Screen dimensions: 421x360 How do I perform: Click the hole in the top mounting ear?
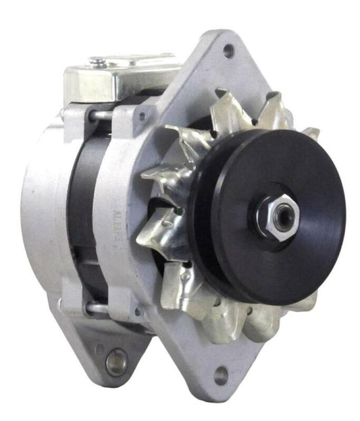click(229, 49)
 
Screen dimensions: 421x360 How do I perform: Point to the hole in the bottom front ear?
click(221, 374)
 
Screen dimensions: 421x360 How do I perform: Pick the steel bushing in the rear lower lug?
click(116, 362)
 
